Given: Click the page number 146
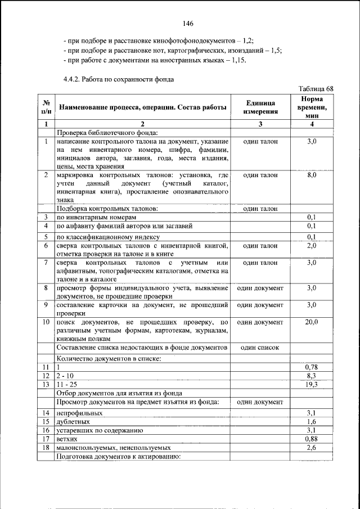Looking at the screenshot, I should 188,24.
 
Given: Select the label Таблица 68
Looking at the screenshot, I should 316,89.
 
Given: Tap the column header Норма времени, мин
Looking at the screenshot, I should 312,106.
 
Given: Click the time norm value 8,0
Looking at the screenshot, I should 312,175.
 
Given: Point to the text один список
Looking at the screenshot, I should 260,348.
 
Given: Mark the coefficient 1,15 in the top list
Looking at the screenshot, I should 238,60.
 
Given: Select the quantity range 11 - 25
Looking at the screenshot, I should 67,384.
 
